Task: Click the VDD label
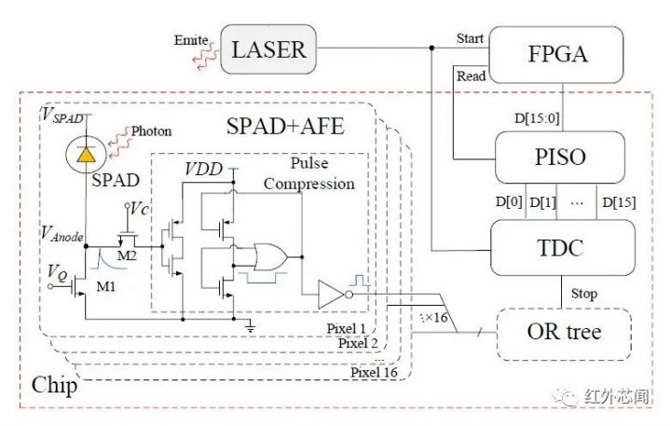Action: pos(204,170)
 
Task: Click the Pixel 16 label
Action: pos(374,372)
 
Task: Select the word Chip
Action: pos(53,384)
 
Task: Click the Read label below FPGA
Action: pos(472,76)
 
